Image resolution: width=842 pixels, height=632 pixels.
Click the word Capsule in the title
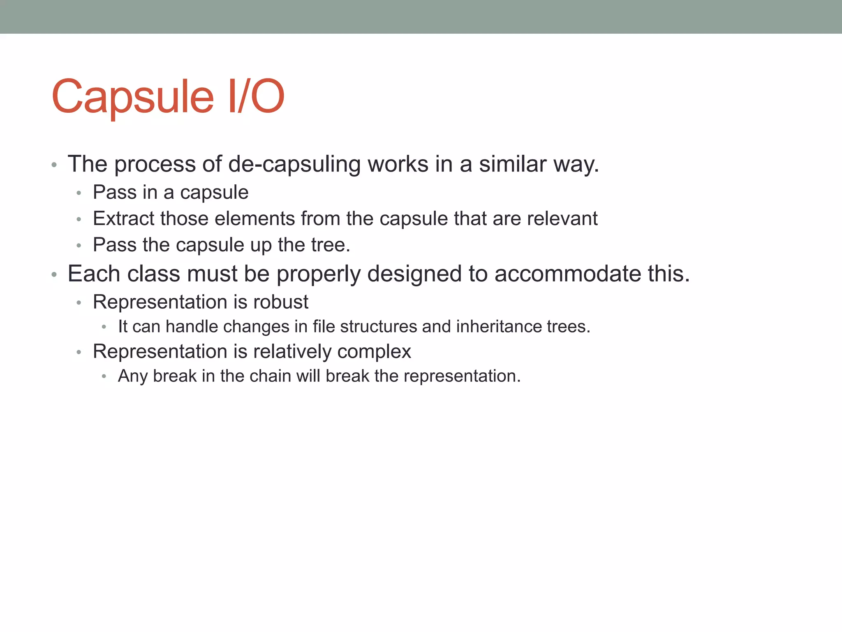(132, 97)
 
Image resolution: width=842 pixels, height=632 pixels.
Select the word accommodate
(568, 274)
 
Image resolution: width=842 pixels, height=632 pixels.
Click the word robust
(281, 302)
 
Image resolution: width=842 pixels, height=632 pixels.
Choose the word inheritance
(499, 327)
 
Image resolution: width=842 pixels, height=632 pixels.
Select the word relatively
(292, 352)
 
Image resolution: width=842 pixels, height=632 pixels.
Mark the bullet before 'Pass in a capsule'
(79, 193)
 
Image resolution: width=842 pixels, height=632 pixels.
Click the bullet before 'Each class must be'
(54, 274)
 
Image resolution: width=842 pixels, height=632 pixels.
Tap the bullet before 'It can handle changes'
(104, 327)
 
